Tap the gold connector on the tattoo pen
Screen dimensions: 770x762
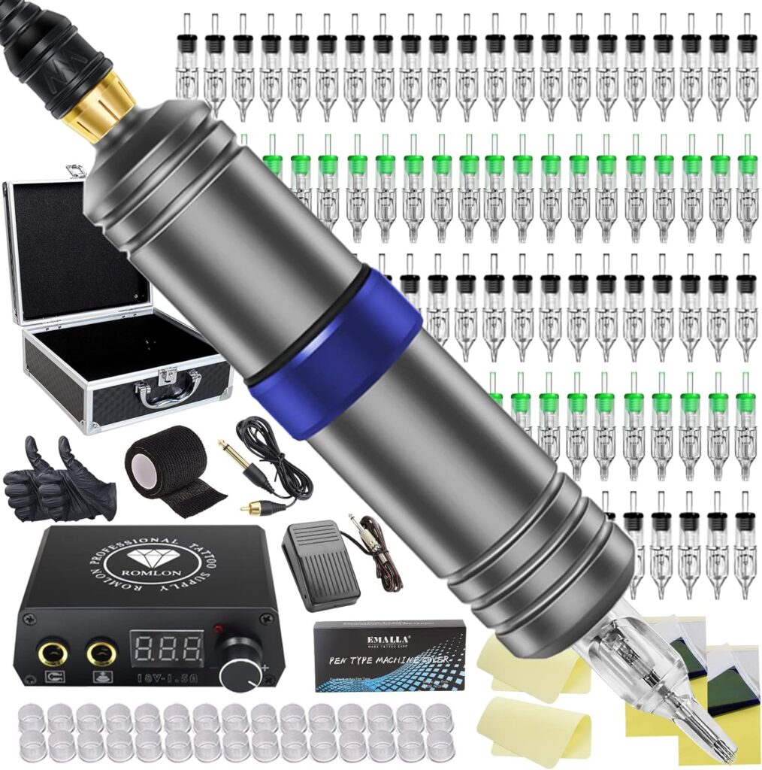click(x=98, y=105)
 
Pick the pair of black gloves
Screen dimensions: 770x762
click(x=56, y=481)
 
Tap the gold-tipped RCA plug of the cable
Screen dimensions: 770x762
click(x=253, y=508)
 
